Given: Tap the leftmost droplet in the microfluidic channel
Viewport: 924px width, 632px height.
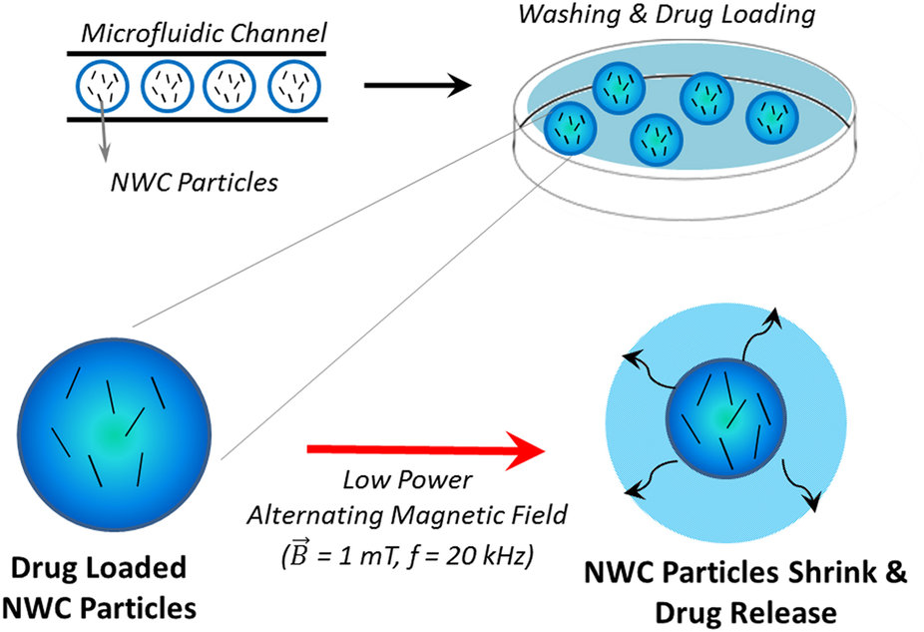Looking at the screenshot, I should [101, 88].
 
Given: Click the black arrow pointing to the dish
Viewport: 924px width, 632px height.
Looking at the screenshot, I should [415, 86].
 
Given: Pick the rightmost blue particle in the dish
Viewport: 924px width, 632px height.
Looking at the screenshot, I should [773, 118].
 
